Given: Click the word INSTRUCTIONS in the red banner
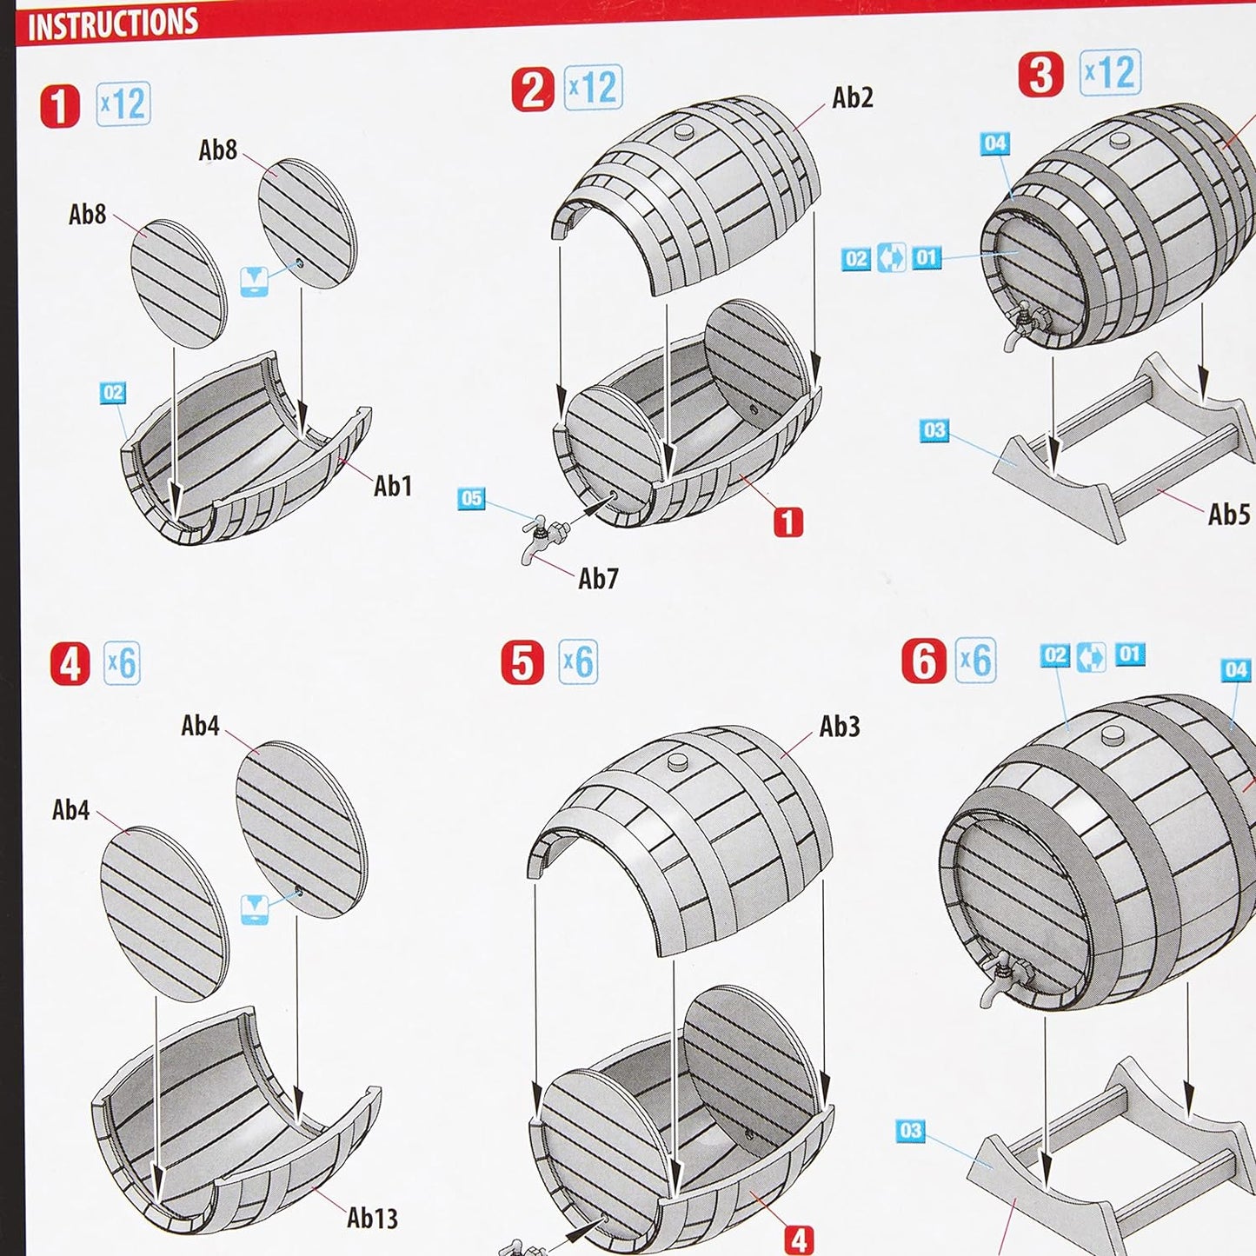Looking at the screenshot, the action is pos(113,24).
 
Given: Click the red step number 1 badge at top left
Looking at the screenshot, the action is pos(59,107).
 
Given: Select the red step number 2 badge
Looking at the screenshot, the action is pos(533,90).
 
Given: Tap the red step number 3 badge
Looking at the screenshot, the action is pos(1040,75).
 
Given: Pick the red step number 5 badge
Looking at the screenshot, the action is pos(522,662).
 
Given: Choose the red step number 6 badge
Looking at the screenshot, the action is pos(924,661).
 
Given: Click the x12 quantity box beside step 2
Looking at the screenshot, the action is pos(593,87).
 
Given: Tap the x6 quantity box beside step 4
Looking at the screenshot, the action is pos(123,663).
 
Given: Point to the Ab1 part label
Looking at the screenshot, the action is pos(392,486).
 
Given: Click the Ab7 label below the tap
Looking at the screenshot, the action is pos(598,578).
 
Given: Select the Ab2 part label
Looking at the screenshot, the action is pos(853,97).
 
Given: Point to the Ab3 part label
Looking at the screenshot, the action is pos(840,726).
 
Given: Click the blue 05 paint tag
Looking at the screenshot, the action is pos(471,499).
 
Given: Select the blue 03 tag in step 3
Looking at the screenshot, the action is pos(934,430).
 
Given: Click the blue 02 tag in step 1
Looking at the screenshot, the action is pos(113,392).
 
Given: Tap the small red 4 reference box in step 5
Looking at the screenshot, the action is pos(799,1239).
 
